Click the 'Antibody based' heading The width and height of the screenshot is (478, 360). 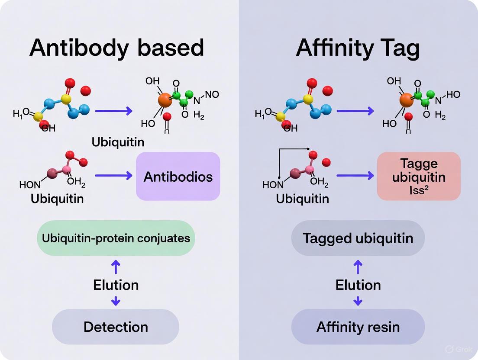(x=116, y=48)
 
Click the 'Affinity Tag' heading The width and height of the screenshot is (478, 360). (x=358, y=48)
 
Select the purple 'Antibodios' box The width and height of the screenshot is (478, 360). (x=178, y=177)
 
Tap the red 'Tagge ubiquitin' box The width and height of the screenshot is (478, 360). (x=419, y=177)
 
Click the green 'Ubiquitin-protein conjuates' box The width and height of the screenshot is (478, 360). (x=116, y=238)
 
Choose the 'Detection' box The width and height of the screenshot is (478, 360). (x=116, y=327)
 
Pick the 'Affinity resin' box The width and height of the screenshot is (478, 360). (x=358, y=327)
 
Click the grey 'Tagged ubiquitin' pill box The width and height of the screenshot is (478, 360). (x=358, y=238)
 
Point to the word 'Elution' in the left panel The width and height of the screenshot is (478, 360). (x=116, y=285)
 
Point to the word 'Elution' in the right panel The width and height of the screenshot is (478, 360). (x=358, y=285)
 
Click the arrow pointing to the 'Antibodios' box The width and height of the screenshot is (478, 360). (x=113, y=176)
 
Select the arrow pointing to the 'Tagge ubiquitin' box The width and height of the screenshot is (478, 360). (x=355, y=176)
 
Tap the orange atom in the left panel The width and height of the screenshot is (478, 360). (x=165, y=100)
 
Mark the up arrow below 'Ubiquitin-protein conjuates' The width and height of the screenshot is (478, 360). (x=116, y=267)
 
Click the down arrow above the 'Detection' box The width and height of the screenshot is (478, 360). (x=116, y=301)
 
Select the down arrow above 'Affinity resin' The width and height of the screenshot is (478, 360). (x=358, y=301)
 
